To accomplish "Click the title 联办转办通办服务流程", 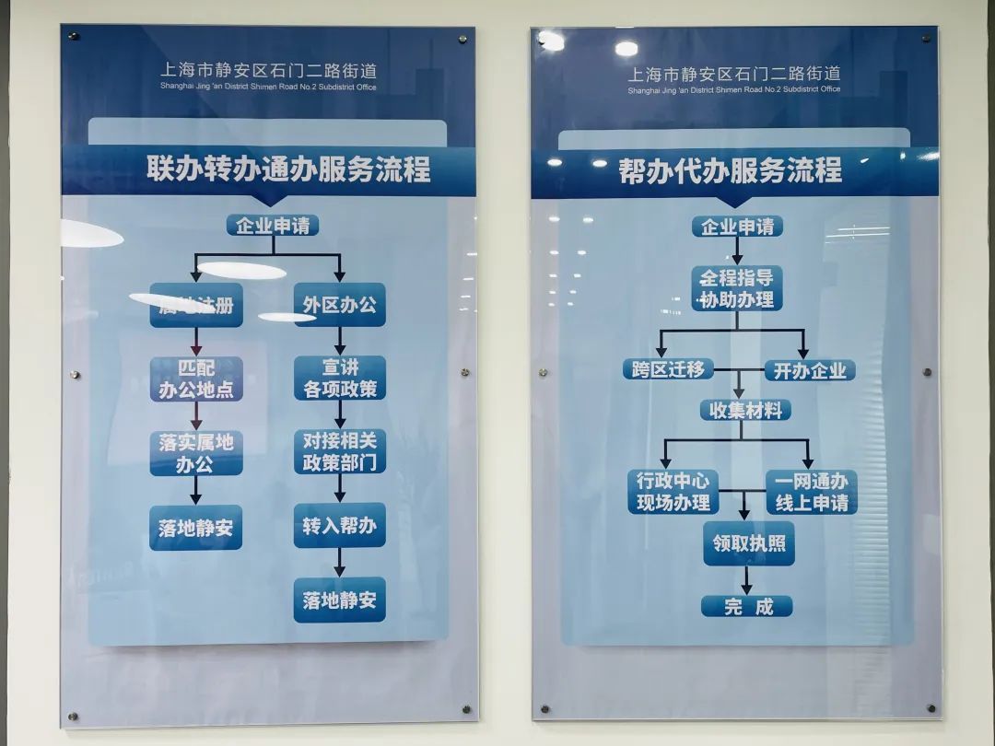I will (288, 169).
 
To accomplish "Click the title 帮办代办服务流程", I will (731, 170).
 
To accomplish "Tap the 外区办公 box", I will (339, 305).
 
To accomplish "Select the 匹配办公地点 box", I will (196, 379).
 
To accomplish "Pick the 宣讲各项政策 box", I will (339, 378).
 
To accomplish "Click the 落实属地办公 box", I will (196, 453).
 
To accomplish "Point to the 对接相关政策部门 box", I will (339, 451).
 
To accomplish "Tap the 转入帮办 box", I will (339, 526).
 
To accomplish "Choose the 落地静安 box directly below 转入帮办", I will (339, 600).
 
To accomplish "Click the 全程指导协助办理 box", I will (736, 288).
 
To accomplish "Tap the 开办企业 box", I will (810, 371).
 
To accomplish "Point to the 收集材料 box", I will (746, 411).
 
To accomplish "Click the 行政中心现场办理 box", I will (673, 492).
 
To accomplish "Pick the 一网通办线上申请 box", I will (811, 493).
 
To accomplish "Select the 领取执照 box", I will (748, 543).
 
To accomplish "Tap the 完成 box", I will (746, 607).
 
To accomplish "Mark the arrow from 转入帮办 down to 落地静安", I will (339, 562).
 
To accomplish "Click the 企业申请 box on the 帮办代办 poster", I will (737, 227).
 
